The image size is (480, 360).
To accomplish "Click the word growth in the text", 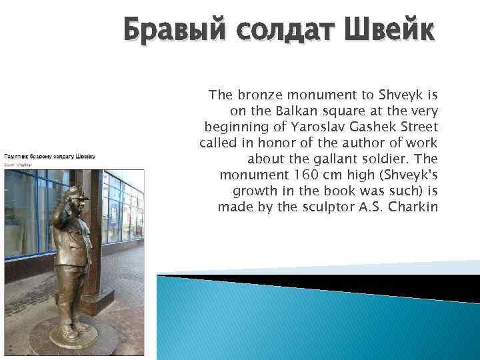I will click(253, 191).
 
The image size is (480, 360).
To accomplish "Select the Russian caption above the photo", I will click(50, 157).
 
